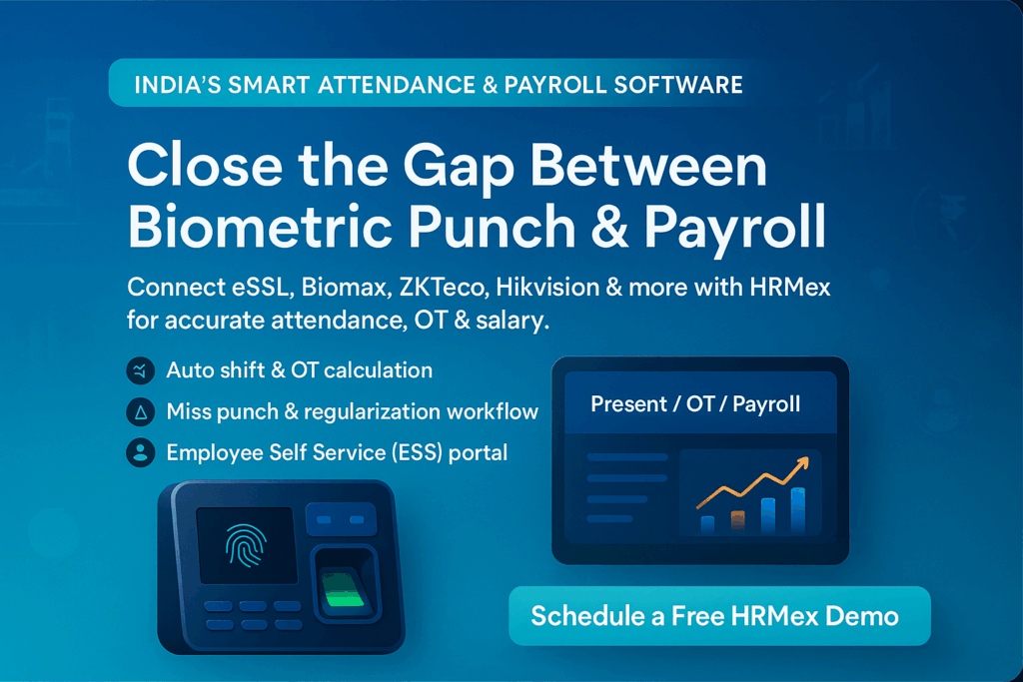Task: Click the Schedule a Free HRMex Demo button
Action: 719,616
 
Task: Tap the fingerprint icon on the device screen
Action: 246,545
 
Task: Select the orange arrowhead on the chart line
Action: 802,463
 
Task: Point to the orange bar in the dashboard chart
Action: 738,521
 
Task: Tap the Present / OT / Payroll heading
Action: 695,404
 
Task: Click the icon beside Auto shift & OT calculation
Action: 140,371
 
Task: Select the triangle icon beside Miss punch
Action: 140,412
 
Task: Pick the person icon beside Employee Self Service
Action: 140,453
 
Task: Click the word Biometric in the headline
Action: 260,227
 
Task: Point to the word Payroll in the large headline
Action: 735,229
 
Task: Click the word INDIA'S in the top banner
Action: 178,85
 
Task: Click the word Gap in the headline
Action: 459,168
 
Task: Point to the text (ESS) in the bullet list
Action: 417,452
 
